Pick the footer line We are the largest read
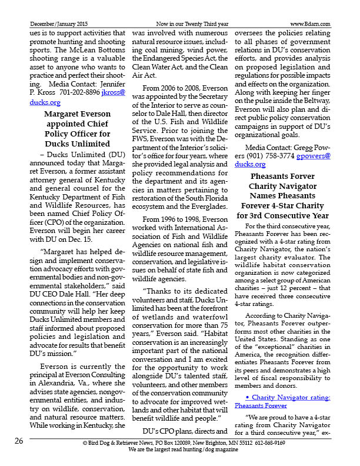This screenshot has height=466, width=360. [x=184, y=450]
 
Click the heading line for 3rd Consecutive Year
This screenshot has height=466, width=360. [x=283, y=215]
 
